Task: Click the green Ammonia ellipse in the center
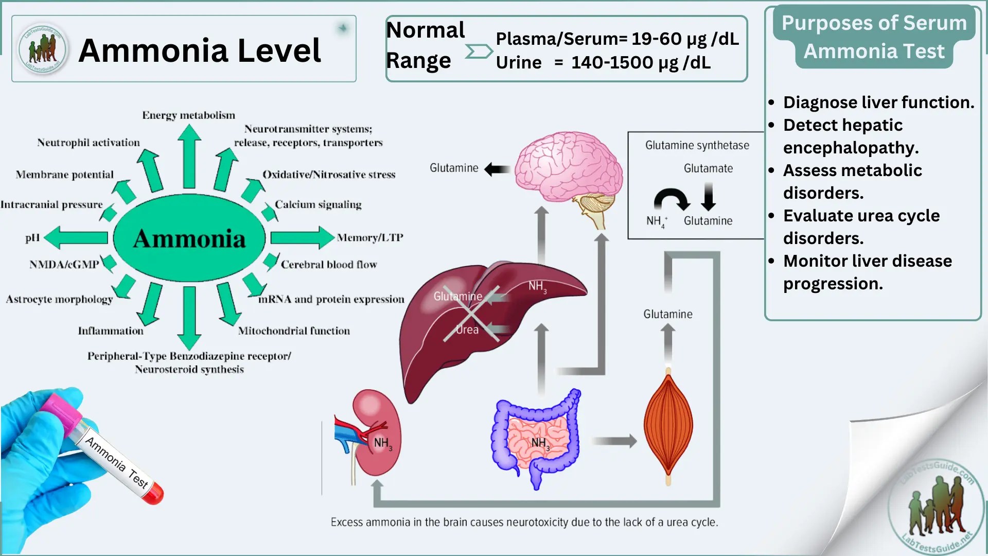(189, 238)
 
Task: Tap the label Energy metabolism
(188, 115)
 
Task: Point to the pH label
(32, 237)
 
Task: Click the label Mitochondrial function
(294, 331)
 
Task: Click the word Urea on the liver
(467, 329)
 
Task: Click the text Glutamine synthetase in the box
(697, 145)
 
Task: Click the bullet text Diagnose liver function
(878, 102)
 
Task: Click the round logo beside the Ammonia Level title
(42, 49)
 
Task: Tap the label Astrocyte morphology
(59, 299)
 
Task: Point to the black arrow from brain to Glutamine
(497, 169)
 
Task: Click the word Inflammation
(111, 331)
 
